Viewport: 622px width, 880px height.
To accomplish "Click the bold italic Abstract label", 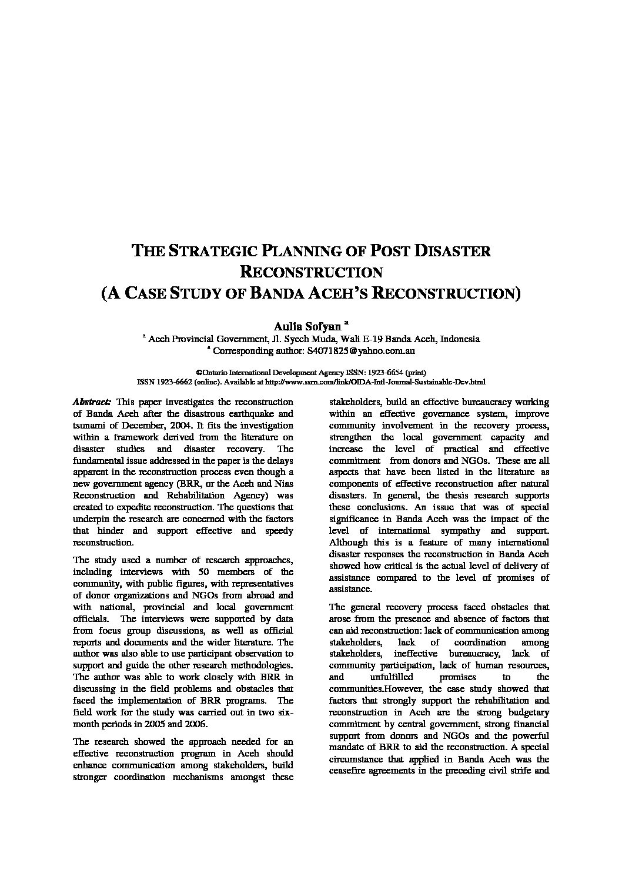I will coord(92,402).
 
